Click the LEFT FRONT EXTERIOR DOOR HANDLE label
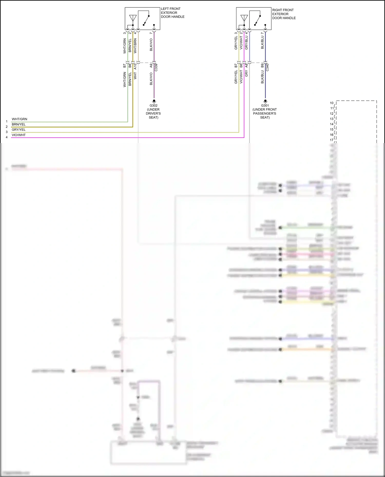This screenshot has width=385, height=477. pos(172,13)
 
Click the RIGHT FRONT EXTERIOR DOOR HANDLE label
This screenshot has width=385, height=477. pos(284,14)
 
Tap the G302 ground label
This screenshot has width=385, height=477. pos(153,106)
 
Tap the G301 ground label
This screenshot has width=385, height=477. pos(265,106)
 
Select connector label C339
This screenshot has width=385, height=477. pos(156,67)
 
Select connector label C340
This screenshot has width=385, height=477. pos(267,67)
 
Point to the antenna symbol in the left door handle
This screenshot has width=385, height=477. pos(133,18)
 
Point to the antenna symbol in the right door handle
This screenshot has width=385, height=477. pos(244,18)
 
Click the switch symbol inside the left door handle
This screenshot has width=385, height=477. pos(146,20)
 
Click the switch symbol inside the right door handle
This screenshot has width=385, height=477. pos(257,20)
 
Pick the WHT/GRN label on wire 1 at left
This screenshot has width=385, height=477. pos(20,119)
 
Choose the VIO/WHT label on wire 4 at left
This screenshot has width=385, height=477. pos(19,135)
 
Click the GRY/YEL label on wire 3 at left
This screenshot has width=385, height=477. pos(19,130)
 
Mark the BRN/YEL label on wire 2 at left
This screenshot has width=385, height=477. pos(19,125)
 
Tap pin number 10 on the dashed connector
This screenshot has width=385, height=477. pos(332,103)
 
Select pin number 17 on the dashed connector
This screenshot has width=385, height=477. pos(332,140)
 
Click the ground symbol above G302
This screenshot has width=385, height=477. pos(154,101)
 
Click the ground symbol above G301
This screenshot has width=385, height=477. pos(265,101)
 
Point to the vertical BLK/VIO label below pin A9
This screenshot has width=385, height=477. pos(151,79)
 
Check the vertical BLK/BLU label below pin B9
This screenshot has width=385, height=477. pos(262,77)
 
